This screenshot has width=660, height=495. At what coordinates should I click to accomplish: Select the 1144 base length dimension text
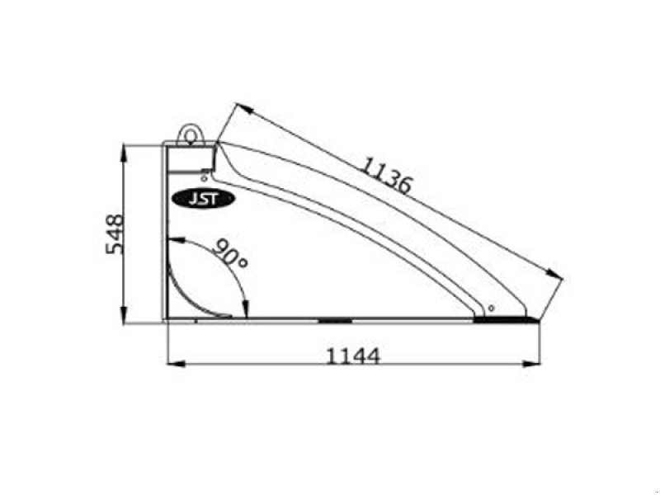[x=353, y=356]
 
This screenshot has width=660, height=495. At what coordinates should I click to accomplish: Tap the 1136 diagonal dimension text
[x=385, y=175]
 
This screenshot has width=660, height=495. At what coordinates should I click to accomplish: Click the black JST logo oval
[x=203, y=198]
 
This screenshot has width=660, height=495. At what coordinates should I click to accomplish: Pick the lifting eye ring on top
[x=191, y=132]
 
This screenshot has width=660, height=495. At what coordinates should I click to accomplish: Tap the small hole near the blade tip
[x=491, y=308]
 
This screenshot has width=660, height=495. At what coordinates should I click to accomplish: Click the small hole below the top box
[x=204, y=175]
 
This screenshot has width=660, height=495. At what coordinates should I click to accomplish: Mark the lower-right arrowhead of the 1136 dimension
[x=557, y=276]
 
